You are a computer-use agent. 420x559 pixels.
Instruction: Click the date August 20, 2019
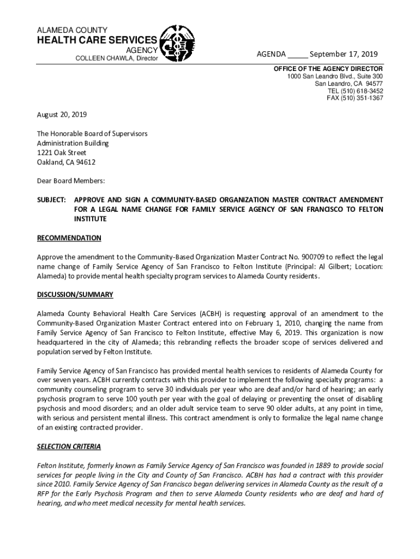62,115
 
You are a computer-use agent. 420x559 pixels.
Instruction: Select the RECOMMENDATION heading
69,238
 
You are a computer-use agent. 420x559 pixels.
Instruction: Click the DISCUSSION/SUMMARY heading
75,295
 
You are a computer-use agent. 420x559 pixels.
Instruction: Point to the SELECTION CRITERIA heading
69,447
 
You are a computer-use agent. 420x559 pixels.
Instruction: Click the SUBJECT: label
51,200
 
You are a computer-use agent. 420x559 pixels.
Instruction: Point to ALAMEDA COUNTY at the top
72,29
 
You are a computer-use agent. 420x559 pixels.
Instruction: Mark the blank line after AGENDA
298,55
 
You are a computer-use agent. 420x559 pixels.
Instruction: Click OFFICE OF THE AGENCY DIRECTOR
328,69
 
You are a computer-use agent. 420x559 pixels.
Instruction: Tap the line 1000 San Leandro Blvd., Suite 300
335,76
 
